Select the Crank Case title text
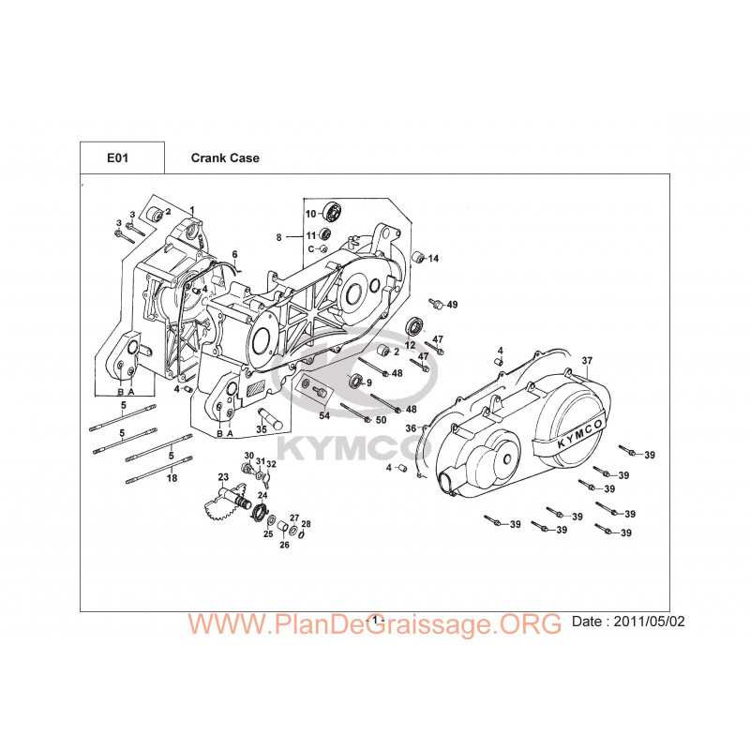point(225,157)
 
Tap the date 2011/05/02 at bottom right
point(649,622)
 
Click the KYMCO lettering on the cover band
point(579,434)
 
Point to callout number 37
point(587,361)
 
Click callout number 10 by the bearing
point(311,214)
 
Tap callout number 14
point(433,259)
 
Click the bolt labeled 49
point(436,304)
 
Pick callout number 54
point(324,415)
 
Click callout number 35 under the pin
point(262,429)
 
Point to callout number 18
point(172,478)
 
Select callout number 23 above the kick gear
point(223,477)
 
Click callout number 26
point(284,545)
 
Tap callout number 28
point(307,524)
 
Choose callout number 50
point(381,420)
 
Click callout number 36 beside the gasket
point(411,428)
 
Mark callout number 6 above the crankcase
point(235,254)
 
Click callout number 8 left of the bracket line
point(278,237)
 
